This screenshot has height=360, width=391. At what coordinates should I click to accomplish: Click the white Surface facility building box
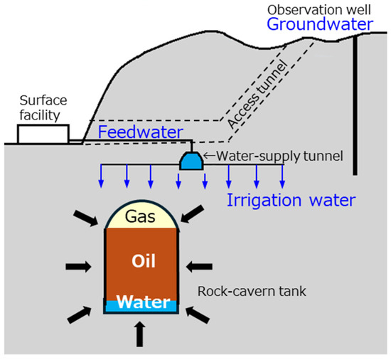pos(43,134)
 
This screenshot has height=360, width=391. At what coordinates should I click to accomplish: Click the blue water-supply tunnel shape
pos(191,161)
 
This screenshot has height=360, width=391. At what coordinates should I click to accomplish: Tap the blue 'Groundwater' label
pos(319,26)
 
